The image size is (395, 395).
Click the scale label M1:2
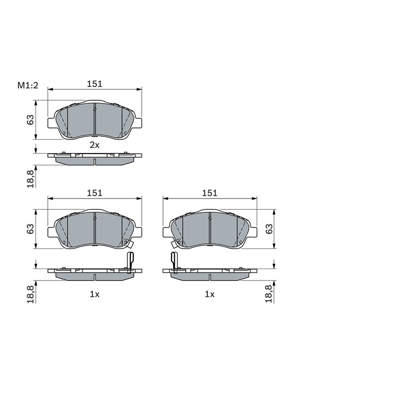(28, 85)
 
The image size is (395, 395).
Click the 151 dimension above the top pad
(94, 84)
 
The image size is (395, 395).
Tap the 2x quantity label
(94, 145)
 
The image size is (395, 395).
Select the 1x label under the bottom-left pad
(94, 294)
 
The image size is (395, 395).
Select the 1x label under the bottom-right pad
(210, 294)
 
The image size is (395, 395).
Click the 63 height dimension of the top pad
(31, 119)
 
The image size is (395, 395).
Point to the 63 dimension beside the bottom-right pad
(269, 229)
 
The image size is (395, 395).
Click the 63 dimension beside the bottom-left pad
(31, 229)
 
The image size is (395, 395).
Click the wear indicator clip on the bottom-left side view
(130, 262)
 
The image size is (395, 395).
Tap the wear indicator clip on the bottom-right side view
(174, 262)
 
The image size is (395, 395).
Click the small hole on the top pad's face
(63, 133)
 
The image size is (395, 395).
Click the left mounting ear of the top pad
(51, 122)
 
